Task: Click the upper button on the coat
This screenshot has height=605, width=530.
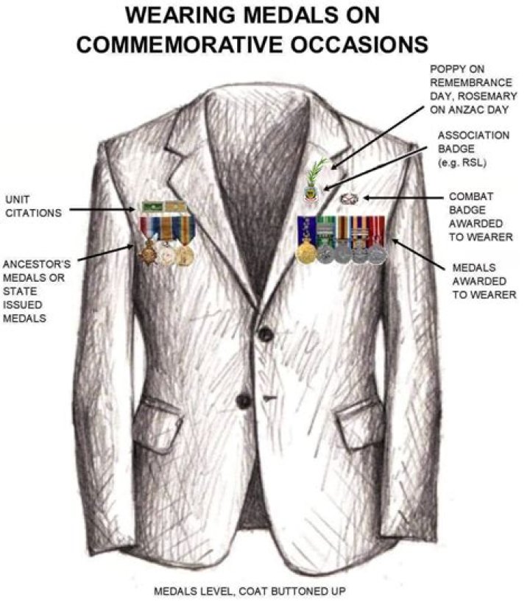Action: pos(266,333)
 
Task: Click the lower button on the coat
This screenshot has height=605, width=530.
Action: pos(244,401)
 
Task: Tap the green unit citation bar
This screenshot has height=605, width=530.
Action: pos(153,207)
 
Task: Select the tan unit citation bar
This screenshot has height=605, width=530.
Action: pos(176,207)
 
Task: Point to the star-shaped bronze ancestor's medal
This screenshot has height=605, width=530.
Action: pos(147,252)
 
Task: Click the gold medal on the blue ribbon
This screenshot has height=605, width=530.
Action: pos(306,252)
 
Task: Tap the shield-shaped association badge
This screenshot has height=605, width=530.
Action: pos(311,192)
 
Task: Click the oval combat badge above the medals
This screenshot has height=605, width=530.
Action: pos(350,199)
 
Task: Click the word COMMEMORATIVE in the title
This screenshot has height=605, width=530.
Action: pos(181,44)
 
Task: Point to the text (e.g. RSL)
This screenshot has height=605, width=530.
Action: pos(462,163)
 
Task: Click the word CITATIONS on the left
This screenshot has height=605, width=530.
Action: pos(34,213)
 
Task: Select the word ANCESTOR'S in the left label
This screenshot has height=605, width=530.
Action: pos(37,264)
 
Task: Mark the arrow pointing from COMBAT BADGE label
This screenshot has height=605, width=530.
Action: pos(403,198)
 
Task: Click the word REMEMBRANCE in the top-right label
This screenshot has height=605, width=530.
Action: pos(471,82)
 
